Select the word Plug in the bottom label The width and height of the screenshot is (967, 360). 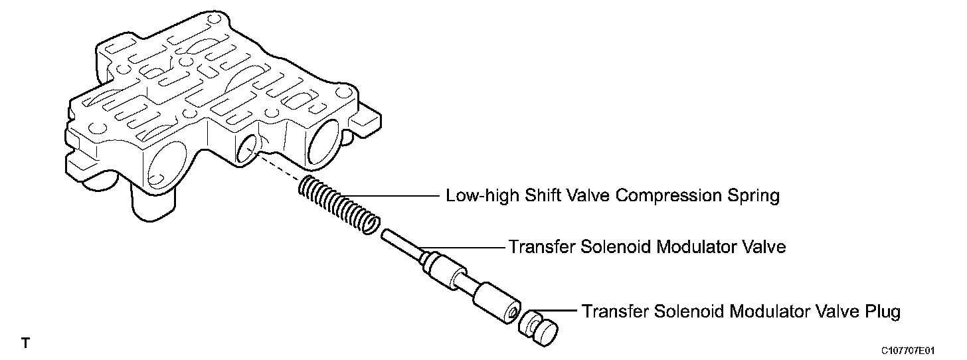pyautogui.click(x=881, y=311)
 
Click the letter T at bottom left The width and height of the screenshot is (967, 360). pyautogui.click(x=25, y=343)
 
